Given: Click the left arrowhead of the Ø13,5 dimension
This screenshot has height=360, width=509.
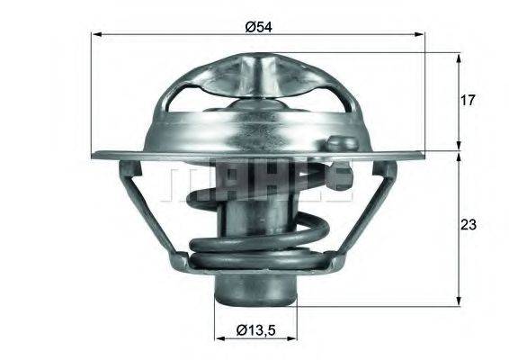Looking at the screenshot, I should click(x=219, y=339).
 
